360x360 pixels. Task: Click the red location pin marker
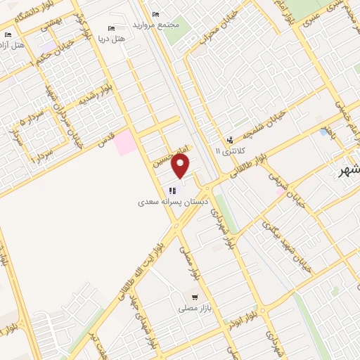click(x=181, y=167)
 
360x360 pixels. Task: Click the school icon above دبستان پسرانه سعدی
click(x=172, y=190)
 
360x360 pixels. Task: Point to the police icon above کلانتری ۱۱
click(x=230, y=140)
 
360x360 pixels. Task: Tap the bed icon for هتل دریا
click(x=111, y=28)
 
